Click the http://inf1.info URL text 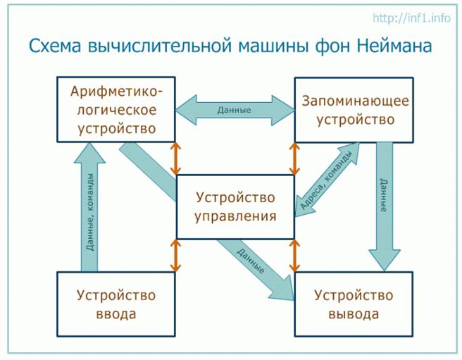click(x=412, y=18)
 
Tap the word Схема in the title click(x=56, y=47)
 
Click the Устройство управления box click(x=235, y=206)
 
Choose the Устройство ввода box click(x=115, y=304)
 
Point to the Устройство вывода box click(x=354, y=304)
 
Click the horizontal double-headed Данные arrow click(x=235, y=110)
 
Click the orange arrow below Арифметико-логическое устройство click(x=176, y=158)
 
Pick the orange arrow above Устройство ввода click(x=176, y=255)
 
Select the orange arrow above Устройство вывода click(x=294, y=255)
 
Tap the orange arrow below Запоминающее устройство click(x=294, y=158)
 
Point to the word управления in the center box click(x=235, y=216)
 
